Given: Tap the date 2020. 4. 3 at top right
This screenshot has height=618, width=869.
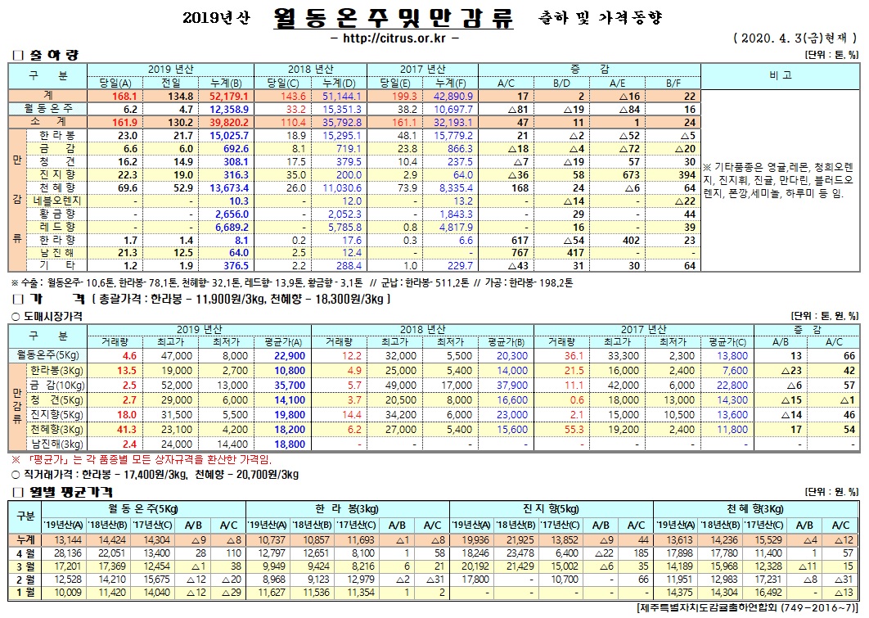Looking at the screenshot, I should (776, 38).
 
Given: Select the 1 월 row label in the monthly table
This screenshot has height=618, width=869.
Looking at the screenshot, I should (25, 592).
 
